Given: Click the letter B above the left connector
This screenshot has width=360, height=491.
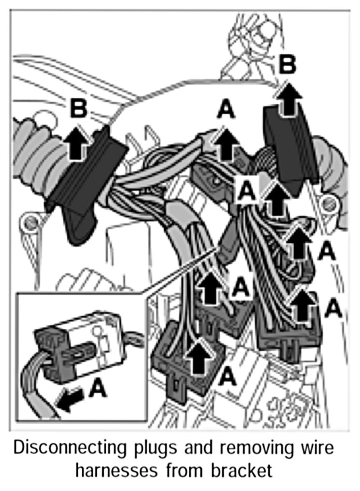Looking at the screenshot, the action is (78, 108).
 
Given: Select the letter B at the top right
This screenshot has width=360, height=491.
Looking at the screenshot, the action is (287, 65).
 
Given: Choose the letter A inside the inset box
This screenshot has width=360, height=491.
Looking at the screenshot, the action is (98, 389).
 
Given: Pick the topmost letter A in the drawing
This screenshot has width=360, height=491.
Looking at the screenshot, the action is (226, 110).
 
